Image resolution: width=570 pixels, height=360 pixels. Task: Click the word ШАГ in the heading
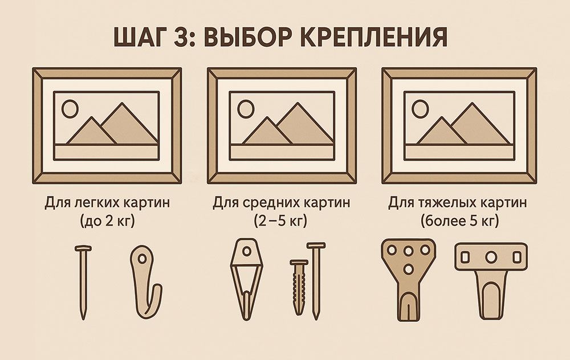pos(141,36)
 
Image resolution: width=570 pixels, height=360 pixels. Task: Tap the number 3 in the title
pos(180,36)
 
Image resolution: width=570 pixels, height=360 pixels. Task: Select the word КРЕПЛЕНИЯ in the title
pos(374,36)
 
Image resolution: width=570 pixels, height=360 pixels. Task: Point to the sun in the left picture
pos(70,109)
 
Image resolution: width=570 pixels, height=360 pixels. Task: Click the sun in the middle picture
pos(246,109)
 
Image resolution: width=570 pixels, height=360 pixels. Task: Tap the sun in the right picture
pos(421,109)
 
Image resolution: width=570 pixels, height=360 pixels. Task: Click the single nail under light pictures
pos(83,282)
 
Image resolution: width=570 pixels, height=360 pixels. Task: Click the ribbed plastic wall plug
pos(299,287)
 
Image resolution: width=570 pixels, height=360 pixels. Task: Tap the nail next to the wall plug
pos(316,280)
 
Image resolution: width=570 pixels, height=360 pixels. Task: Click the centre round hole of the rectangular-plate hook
pos(491,257)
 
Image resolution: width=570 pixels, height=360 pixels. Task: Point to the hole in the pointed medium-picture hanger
pos(247,251)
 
